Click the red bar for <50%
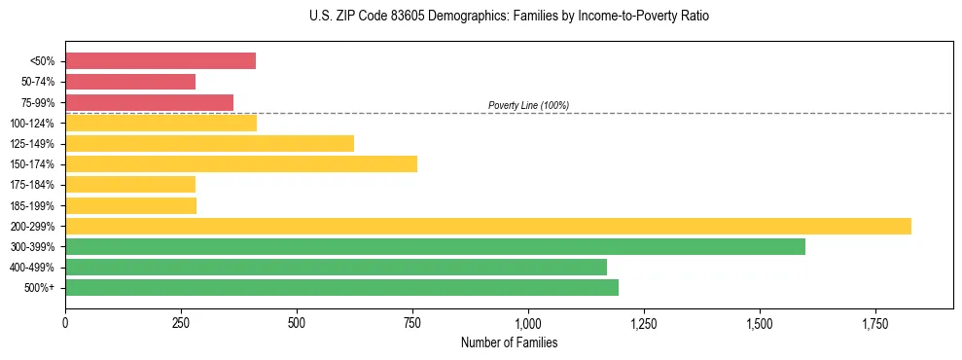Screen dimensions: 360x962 [x=160, y=61]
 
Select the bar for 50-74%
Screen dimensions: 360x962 [x=130, y=82]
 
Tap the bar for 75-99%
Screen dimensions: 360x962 [x=149, y=102]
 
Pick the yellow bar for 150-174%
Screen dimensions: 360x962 [x=241, y=163]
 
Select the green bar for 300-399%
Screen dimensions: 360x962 [x=435, y=246]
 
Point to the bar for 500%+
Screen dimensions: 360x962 [x=341, y=287]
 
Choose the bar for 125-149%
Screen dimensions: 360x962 [x=209, y=143]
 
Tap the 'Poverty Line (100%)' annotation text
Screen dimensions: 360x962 [x=528, y=105]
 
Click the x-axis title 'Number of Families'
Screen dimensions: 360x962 [x=509, y=342]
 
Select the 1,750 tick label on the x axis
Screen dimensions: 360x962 [x=874, y=323]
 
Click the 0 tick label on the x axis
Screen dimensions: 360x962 [x=65, y=323]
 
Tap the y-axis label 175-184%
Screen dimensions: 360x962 [x=37, y=185]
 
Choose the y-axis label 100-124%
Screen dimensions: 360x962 [x=37, y=124]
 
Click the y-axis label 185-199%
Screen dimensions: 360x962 [x=37, y=205]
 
